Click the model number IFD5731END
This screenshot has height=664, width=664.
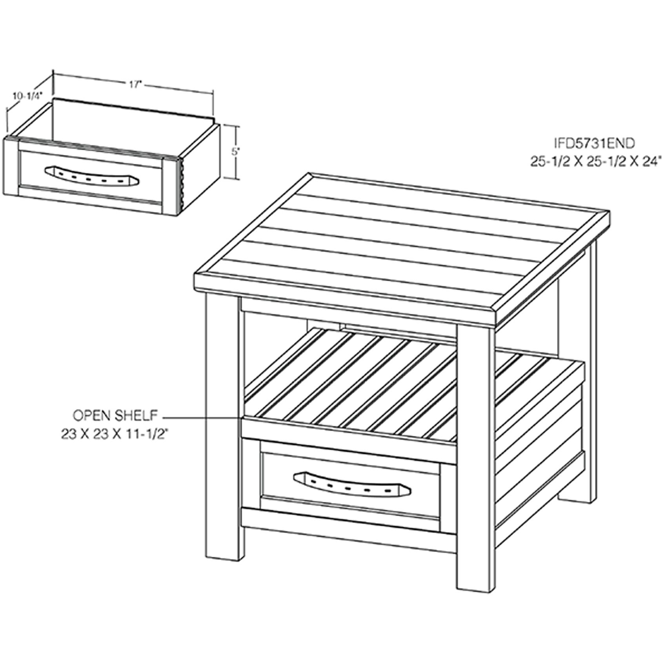point(594,144)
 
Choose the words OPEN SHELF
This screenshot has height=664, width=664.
point(115,415)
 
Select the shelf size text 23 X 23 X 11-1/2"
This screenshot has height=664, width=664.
point(117,434)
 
